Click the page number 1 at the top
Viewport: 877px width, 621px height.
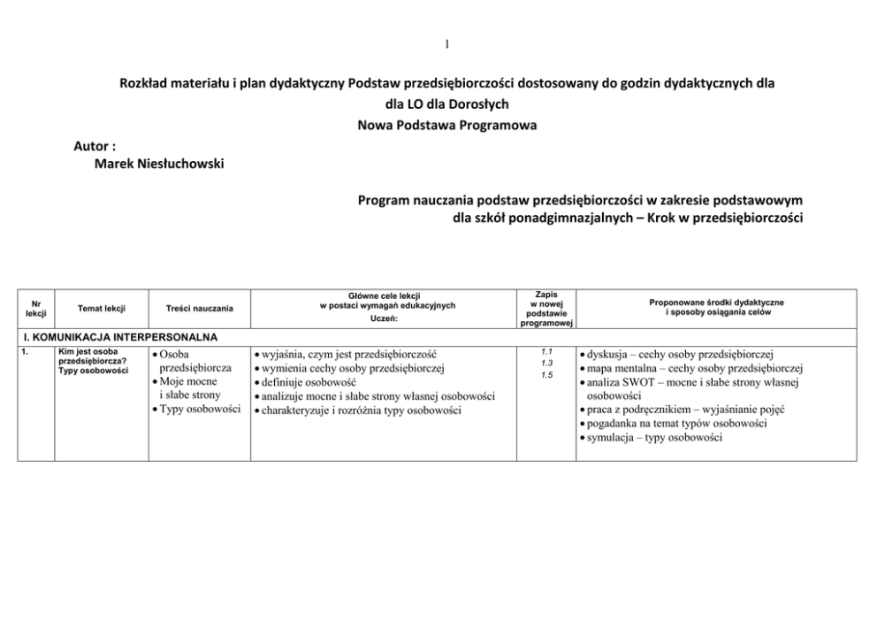tap(447, 44)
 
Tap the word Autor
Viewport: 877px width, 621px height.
tap(95, 145)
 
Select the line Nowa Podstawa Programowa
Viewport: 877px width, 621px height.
tap(446, 126)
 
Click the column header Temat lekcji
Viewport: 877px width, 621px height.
tap(101, 308)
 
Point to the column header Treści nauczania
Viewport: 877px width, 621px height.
tap(200, 308)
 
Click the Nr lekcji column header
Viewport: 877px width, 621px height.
tap(36, 308)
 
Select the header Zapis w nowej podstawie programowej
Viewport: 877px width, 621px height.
tap(545, 308)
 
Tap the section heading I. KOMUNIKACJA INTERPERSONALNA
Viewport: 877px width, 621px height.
tap(119, 337)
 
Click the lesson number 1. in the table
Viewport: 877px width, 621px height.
tap(27, 352)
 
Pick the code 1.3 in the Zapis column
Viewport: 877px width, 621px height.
tap(546, 363)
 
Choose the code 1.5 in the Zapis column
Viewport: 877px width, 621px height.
tap(546, 375)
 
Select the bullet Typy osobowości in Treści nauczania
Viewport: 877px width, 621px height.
tap(199, 410)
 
